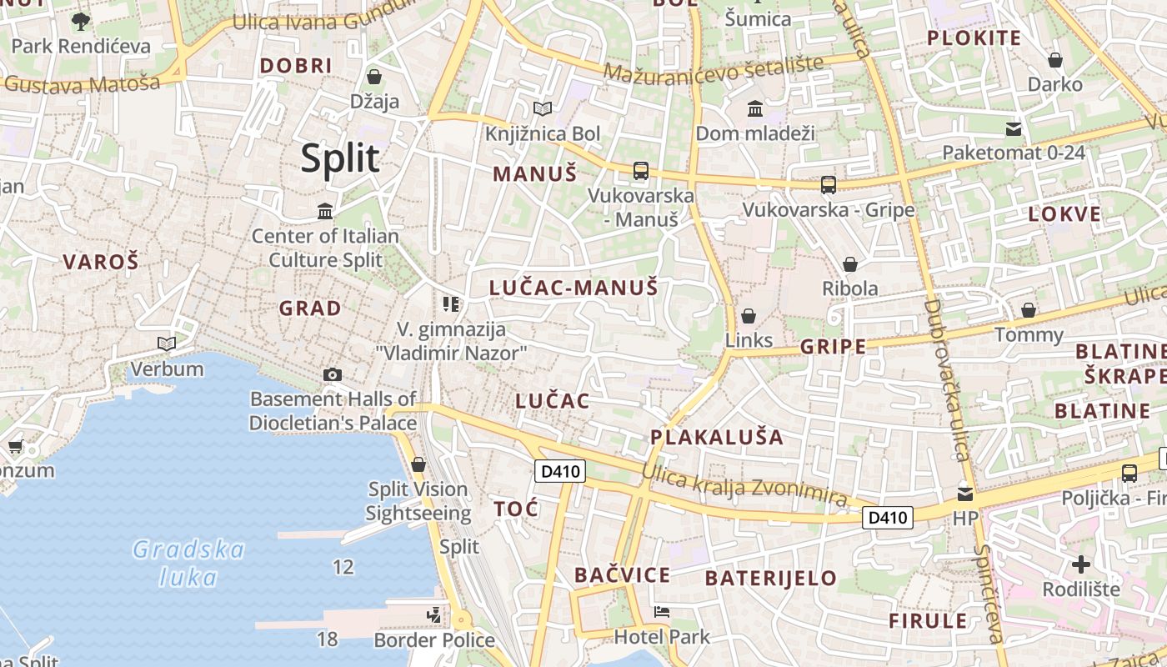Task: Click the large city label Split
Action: pos(340,158)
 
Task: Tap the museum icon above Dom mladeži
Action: pos(755,108)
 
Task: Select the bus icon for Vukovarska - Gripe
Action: pos(828,185)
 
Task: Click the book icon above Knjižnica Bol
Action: pos(543,108)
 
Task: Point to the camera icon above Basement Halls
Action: pos(333,374)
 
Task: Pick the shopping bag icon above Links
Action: pos(749,316)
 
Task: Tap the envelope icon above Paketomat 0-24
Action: pos(1014,128)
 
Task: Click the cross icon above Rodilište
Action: pos(1081,564)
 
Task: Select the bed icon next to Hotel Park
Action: pos(662,612)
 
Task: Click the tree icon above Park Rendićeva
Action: pos(81,21)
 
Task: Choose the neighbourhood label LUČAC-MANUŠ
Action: pos(573,288)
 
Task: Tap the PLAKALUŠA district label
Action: pos(717,437)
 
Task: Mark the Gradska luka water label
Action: pos(189,563)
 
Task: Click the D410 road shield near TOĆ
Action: pos(559,472)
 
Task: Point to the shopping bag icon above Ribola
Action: pos(850,264)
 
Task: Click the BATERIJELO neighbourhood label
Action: pos(771,578)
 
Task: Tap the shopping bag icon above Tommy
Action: pos(1029,310)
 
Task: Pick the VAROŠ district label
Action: pos(101,262)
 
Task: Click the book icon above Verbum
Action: pos(167,344)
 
